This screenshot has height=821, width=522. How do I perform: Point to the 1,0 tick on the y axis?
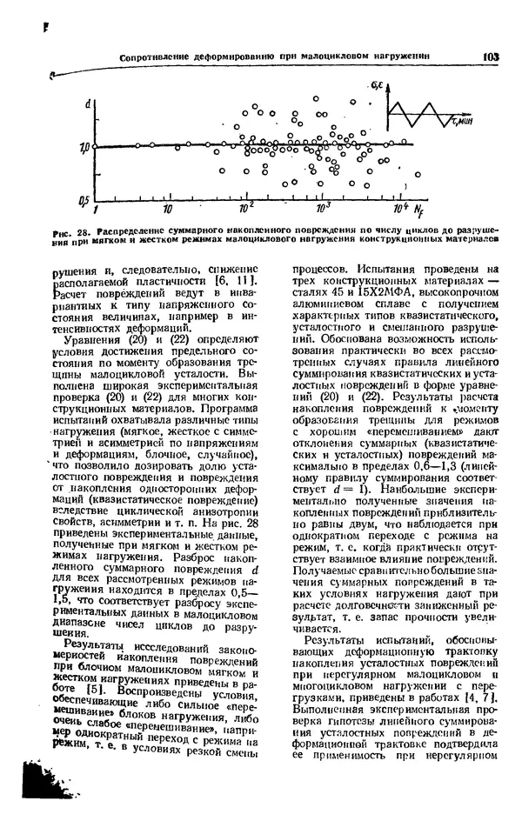[x=84, y=146]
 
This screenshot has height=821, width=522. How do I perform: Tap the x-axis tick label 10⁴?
[x=398, y=209]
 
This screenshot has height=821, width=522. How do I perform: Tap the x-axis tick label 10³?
[x=324, y=209]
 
